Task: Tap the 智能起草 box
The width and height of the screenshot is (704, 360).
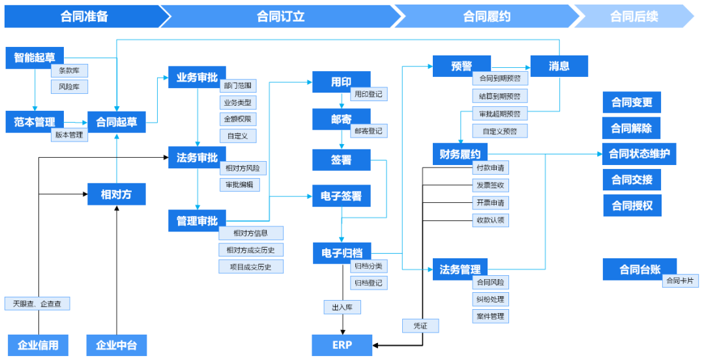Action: tap(35, 57)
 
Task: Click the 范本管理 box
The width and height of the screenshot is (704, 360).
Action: tap(35, 122)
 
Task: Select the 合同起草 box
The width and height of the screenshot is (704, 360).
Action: tap(117, 122)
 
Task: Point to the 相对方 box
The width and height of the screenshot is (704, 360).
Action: tap(117, 194)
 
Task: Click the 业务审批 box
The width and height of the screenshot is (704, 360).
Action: tap(197, 77)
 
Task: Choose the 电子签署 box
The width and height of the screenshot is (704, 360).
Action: tap(342, 196)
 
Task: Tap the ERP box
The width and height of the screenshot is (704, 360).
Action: tap(342, 345)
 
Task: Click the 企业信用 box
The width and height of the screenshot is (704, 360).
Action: tap(38, 345)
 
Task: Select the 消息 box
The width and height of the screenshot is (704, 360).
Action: tap(559, 66)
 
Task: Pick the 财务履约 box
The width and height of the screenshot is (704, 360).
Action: tap(460, 155)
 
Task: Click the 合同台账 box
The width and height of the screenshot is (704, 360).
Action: tap(639, 269)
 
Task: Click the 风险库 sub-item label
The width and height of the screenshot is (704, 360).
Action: tap(69, 87)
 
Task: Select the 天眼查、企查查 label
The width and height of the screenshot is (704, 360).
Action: tap(37, 303)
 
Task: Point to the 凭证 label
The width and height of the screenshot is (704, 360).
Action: tap(420, 325)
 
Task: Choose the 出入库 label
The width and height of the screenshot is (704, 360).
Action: tap(342, 307)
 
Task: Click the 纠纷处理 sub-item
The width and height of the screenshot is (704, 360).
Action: tap(490, 299)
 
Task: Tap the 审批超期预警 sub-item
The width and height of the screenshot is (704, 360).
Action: tap(500, 113)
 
